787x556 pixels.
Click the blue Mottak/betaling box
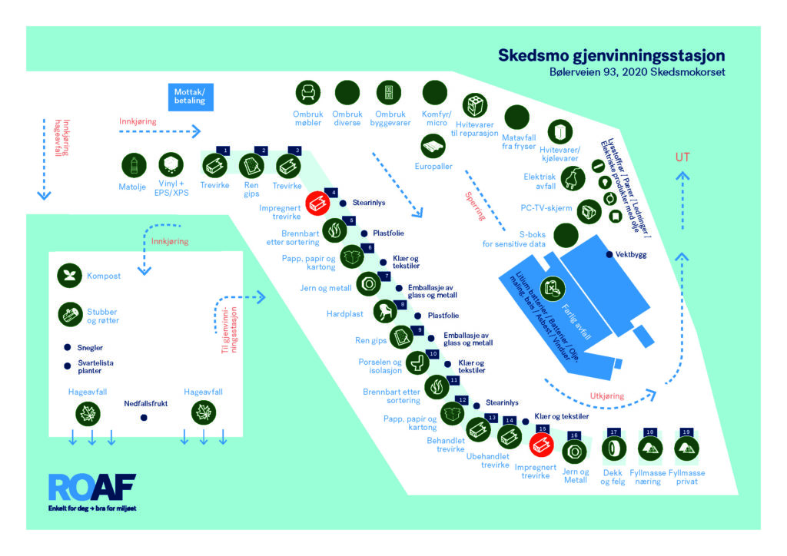(191, 97)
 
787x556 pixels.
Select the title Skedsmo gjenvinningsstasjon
(611, 55)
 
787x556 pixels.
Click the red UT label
(682, 157)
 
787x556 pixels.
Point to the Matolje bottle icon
(134, 165)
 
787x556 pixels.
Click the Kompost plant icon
(69, 275)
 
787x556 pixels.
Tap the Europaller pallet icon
(433, 147)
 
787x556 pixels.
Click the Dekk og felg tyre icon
(614, 448)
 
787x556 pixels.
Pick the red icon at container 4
(318, 203)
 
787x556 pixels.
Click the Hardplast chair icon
(386, 311)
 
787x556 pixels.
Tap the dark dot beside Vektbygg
(609, 255)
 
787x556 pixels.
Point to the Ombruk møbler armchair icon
(307, 93)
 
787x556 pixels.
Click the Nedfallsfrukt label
(145, 404)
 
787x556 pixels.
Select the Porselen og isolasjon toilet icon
(417, 362)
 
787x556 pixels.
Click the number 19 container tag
(686, 432)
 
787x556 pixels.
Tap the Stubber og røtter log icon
(70, 314)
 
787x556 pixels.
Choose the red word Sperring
(475, 206)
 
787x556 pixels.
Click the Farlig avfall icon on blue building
(553, 289)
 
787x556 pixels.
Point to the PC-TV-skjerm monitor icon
(589, 211)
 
